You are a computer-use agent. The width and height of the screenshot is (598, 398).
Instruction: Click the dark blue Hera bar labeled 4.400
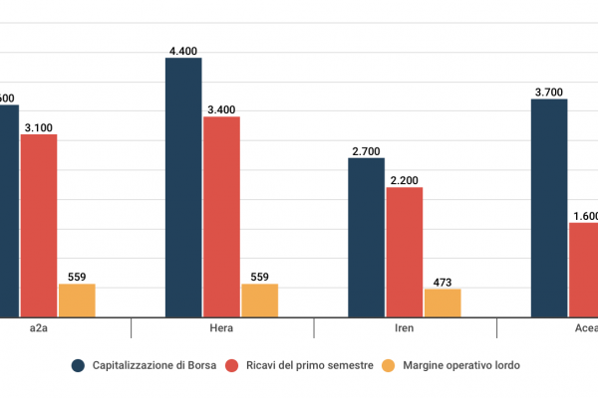[x=183, y=187]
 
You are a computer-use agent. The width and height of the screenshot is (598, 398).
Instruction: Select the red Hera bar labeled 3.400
[x=221, y=217]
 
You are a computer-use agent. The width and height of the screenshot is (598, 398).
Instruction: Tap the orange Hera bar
[x=259, y=300]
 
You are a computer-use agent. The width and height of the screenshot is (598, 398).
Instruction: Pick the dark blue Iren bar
[x=366, y=237]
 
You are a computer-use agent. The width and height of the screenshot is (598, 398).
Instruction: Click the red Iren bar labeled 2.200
[x=404, y=252]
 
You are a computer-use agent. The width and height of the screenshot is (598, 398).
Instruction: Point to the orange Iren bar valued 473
[x=443, y=302]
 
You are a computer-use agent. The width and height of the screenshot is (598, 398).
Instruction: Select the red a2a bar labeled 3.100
[x=39, y=225]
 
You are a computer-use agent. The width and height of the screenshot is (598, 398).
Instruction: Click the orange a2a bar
[x=77, y=300]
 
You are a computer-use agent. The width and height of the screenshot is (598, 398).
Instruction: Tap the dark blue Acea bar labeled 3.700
[x=548, y=208]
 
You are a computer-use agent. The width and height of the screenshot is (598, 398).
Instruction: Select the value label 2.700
[x=366, y=150]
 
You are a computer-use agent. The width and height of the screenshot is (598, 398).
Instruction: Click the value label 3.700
[x=548, y=92]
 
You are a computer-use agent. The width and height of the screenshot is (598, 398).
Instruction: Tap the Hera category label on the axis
[x=222, y=327]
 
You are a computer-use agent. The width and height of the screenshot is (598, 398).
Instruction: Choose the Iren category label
[x=405, y=327]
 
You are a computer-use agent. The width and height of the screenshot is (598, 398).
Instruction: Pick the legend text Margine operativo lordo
[x=461, y=365]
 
